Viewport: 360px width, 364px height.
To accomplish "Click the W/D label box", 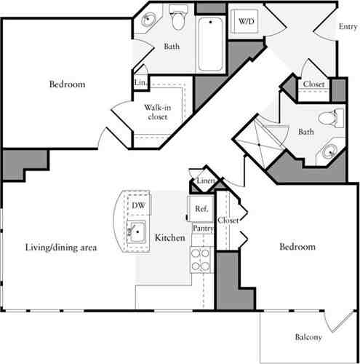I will tap(242, 23).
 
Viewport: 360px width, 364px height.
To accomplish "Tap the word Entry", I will tap(348, 28).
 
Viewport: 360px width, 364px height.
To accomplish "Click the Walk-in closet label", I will tap(156, 111).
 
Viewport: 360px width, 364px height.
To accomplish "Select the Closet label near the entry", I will tap(313, 84).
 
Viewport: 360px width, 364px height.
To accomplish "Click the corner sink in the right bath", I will tap(330, 151).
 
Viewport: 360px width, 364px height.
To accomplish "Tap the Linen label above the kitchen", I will tap(205, 181).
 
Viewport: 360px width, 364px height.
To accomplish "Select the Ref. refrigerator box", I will tap(201, 208).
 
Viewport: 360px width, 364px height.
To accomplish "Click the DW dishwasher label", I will tap(137, 206).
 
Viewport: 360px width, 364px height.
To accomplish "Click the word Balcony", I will tap(309, 337).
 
